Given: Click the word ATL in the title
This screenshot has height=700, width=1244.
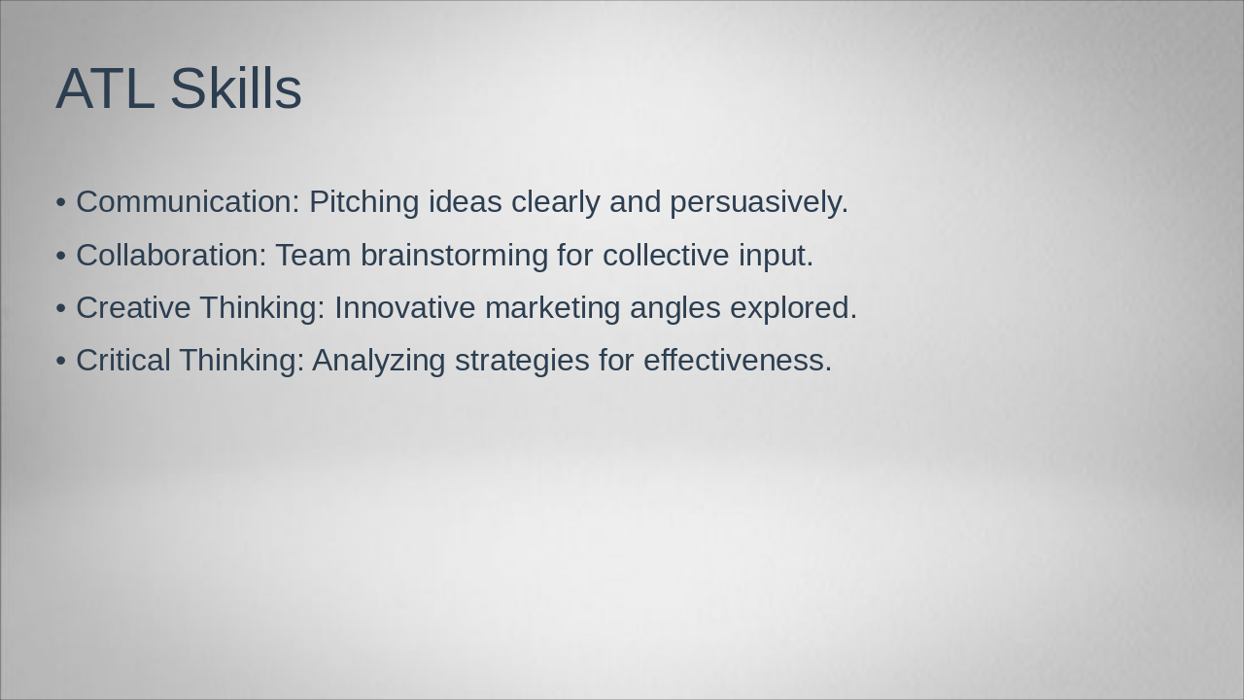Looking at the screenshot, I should [x=104, y=89].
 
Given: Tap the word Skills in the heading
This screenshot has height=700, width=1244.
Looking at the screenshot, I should [x=235, y=89].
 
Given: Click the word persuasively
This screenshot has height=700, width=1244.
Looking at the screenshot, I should [x=758, y=202].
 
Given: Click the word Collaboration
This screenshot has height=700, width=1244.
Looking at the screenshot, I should [x=170, y=256].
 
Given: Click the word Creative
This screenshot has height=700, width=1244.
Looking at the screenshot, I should [x=133, y=308].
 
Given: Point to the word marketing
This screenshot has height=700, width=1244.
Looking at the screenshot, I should [x=552, y=308].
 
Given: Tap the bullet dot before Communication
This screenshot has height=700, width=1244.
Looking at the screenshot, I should [x=61, y=203].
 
